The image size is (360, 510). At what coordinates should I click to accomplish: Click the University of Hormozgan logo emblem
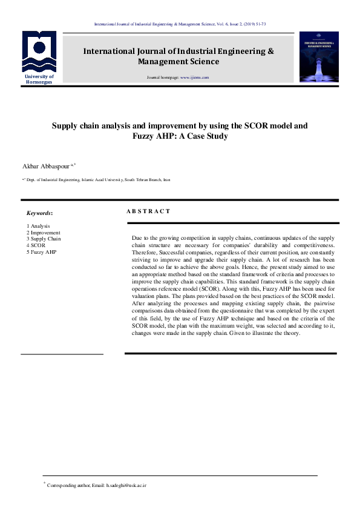click(x=39, y=52)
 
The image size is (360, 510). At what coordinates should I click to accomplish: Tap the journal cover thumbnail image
click(x=318, y=59)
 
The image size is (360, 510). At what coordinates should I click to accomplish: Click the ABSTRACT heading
click(x=148, y=211)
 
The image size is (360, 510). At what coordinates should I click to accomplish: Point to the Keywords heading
click(x=39, y=213)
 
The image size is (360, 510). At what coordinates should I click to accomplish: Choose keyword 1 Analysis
click(x=38, y=226)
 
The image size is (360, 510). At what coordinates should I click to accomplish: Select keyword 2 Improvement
click(x=43, y=233)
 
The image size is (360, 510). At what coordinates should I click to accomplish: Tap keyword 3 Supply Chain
click(x=44, y=239)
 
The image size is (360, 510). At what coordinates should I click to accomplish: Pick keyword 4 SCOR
click(x=36, y=245)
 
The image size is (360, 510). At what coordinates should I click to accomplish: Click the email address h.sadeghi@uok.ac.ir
click(x=126, y=486)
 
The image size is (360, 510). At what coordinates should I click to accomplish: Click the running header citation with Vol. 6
click(x=180, y=24)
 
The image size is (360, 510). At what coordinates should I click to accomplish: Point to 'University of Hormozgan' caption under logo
click(x=39, y=79)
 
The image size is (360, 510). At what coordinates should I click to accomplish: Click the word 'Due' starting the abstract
click(x=137, y=238)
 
